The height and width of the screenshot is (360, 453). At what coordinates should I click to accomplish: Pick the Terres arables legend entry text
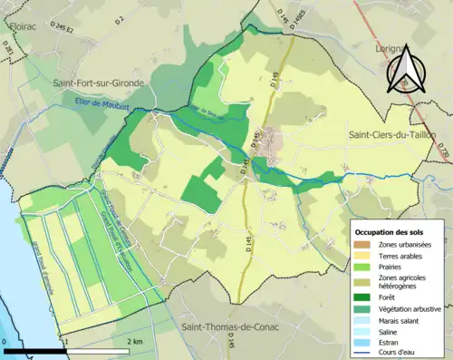point(404,257)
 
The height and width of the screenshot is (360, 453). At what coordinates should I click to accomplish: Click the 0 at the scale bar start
point(5,342)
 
